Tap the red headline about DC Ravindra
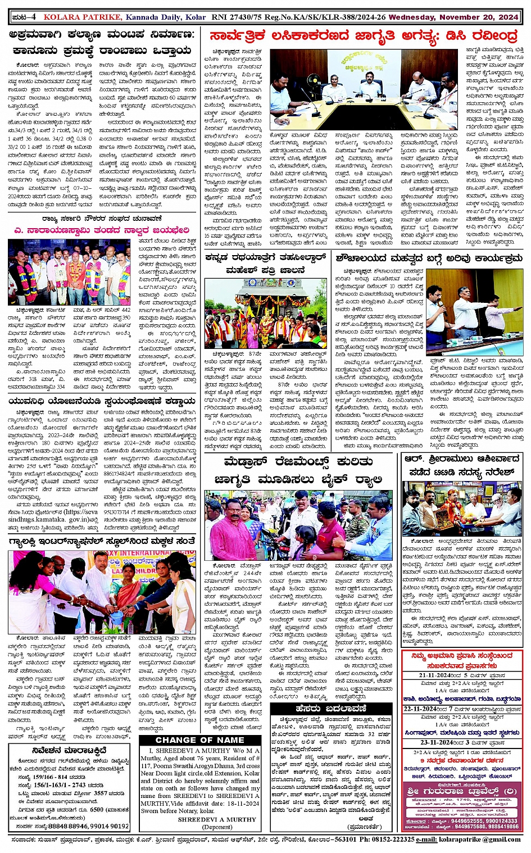364,37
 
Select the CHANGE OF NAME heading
199,740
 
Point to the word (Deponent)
217,827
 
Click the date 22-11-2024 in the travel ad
425,709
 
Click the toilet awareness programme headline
428,259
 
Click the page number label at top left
25,17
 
